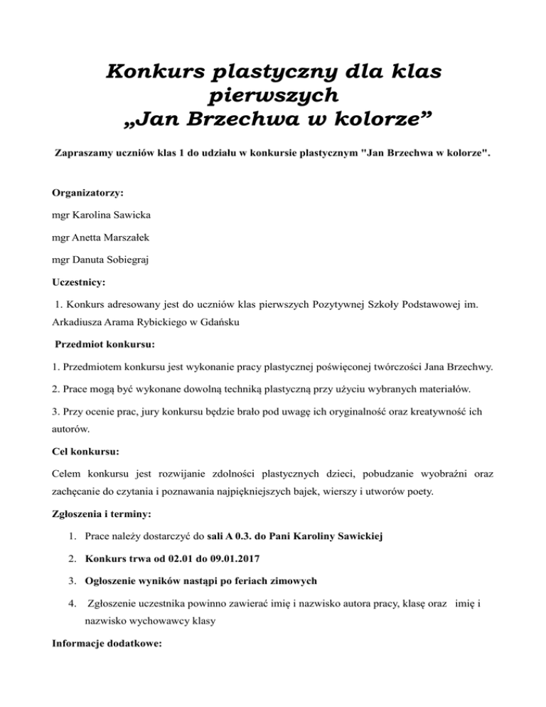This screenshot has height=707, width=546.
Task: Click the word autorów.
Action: coord(72,430)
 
